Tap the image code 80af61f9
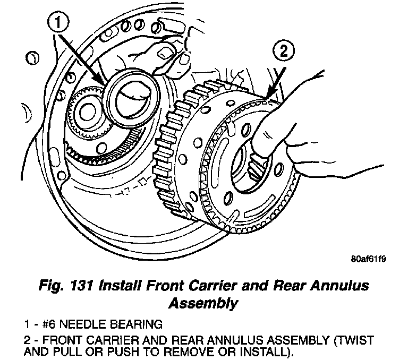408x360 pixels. click(368, 260)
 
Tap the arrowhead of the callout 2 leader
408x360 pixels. click(268, 99)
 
